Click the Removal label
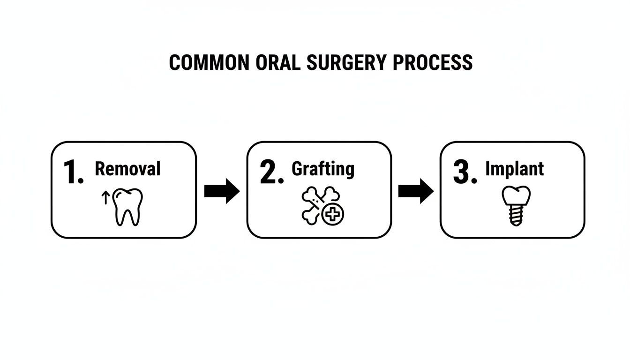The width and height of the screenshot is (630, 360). point(127,169)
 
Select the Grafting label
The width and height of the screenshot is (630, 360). point(323,169)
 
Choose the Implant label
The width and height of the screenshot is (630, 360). point(515,169)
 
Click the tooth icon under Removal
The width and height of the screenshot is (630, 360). point(128,207)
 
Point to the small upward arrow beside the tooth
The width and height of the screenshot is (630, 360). point(106,197)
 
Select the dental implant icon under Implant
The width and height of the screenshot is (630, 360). point(516,206)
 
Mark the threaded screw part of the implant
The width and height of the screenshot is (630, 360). point(516,217)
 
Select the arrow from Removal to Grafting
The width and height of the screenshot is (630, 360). point(222,191)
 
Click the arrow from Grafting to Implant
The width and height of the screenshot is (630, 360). point(416,191)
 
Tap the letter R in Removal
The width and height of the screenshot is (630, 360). point(100,169)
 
